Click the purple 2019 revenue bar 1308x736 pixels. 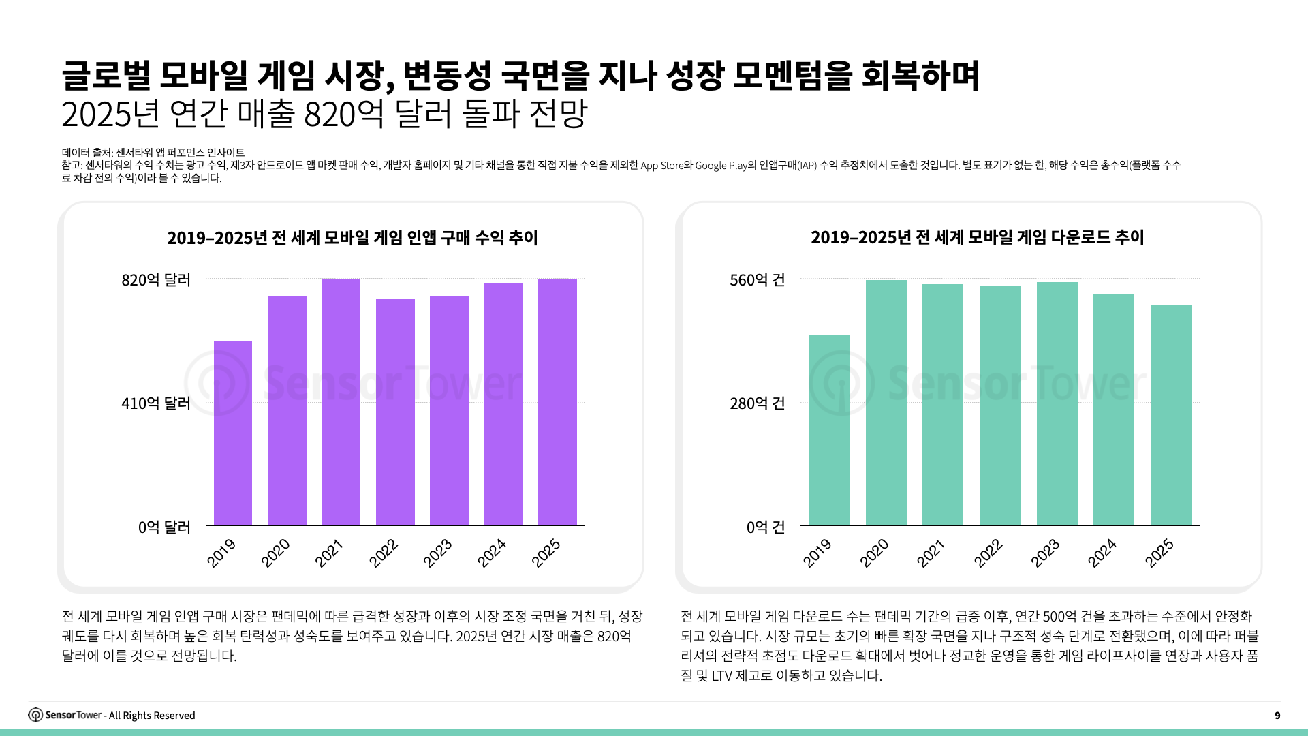click(x=233, y=433)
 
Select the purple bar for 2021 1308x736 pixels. click(x=341, y=402)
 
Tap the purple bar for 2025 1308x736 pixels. click(x=557, y=402)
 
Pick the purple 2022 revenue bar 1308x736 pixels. click(x=395, y=412)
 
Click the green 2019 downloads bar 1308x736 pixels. click(x=829, y=430)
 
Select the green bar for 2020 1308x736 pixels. click(x=886, y=403)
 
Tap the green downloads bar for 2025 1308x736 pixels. click(x=1171, y=415)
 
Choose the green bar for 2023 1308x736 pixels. click(x=1057, y=403)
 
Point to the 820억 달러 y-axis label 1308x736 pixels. click(x=156, y=280)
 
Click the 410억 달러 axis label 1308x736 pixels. click(x=156, y=403)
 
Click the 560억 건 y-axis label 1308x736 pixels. click(x=758, y=280)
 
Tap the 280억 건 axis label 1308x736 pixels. click(x=758, y=403)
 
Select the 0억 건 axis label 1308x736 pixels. click(x=766, y=527)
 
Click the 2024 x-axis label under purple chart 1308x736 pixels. click(x=492, y=553)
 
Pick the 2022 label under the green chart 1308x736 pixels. click(x=988, y=553)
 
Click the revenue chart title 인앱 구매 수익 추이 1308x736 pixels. click(x=352, y=238)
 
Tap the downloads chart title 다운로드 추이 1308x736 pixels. click(x=977, y=237)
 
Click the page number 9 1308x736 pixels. click(x=1277, y=716)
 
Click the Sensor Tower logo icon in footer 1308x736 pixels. click(x=35, y=715)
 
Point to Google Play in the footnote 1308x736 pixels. click(x=721, y=166)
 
